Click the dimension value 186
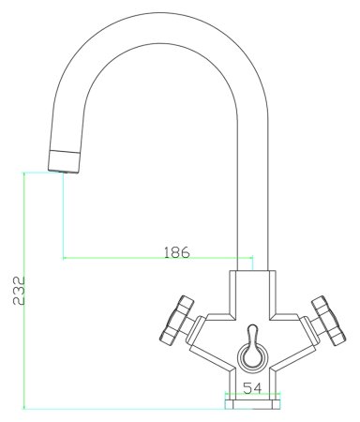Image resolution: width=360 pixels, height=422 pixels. pyautogui.click(x=176, y=252)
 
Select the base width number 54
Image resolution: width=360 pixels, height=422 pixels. pyautogui.click(x=253, y=386)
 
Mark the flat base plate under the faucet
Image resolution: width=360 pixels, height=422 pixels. pyautogui.click(x=253, y=404)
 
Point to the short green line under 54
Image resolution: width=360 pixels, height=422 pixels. pyautogui.click(x=253, y=395)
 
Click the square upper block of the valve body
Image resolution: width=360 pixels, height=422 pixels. pyautogui.click(x=253, y=287)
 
